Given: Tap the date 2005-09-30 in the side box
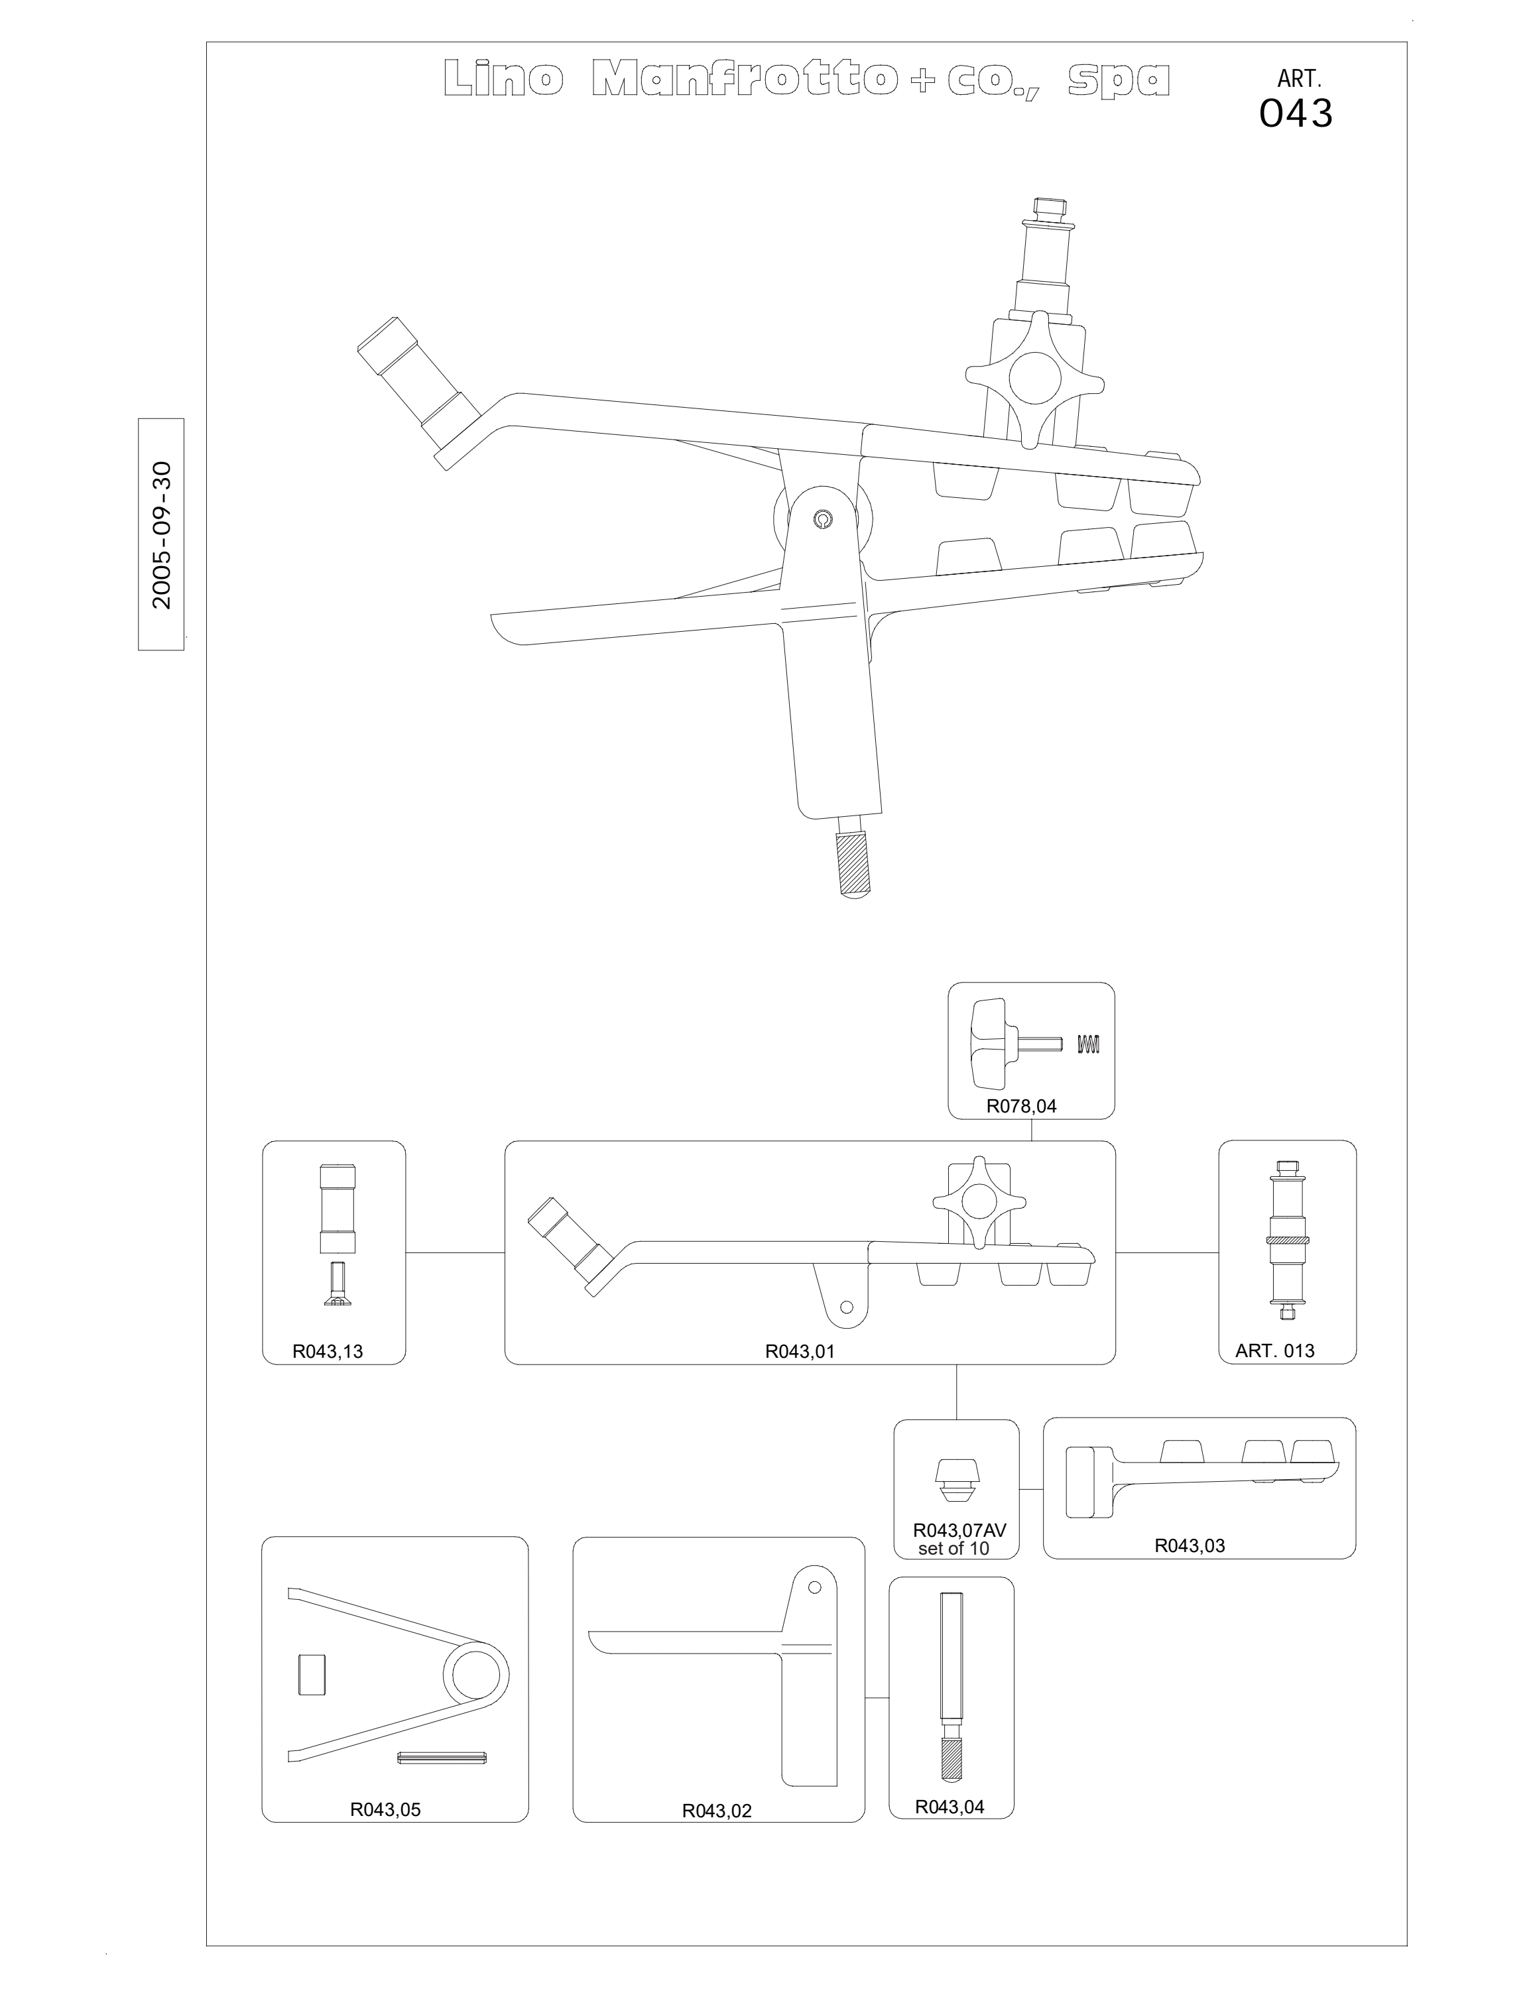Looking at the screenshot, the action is pos(162,534).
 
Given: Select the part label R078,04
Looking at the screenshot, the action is pos(1022,1107).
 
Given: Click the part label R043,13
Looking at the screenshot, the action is pos(328,1351).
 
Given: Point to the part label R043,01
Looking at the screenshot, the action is pos(800,1351).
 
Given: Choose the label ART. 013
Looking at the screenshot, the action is pos(1275,1351).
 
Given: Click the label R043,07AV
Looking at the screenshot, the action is pos(959,1530).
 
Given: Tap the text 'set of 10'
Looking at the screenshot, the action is pos(953,1548).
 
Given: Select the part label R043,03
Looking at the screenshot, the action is pos(1190,1545).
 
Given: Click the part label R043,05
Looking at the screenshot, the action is pos(385,1809).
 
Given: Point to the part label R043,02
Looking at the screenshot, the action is pos(717,1811).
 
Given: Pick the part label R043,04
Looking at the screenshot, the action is pos(950,1807).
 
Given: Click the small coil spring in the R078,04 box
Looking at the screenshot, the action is pos(1088,1045).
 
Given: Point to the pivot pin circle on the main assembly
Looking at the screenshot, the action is pos(822,520).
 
